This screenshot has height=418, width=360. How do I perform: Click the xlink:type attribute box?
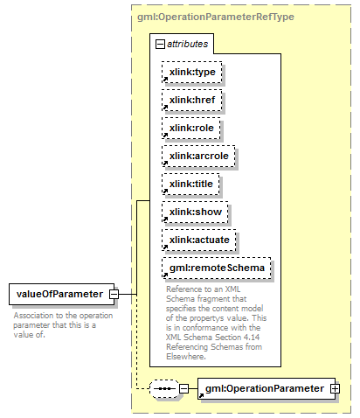click(x=192, y=72)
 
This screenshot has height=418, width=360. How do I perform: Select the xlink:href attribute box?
click(x=192, y=100)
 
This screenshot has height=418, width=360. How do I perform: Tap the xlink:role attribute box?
click(x=191, y=128)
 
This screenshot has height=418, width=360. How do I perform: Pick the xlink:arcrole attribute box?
click(x=198, y=156)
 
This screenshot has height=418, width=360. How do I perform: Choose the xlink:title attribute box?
click(x=190, y=184)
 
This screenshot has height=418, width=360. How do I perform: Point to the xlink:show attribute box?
click(x=195, y=212)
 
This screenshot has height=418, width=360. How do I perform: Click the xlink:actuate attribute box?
click(x=199, y=240)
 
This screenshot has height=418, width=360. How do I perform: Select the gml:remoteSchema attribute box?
click(x=217, y=268)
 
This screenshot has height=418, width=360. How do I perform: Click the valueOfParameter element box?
click(x=62, y=294)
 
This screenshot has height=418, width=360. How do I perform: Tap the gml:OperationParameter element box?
click(x=267, y=388)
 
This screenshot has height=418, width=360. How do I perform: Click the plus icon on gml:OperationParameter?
click(x=335, y=388)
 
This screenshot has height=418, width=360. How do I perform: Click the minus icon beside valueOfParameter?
click(x=114, y=294)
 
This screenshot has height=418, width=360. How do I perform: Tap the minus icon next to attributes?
click(x=160, y=45)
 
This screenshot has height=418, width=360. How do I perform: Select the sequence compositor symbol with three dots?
click(x=164, y=388)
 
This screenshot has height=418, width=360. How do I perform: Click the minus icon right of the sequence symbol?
click(x=183, y=388)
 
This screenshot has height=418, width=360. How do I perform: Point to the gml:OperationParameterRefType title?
click(x=216, y=17)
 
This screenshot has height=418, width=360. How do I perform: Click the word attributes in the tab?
click(x=188, y=44)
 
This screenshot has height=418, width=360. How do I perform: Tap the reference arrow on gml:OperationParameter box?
click(x=201, y=395)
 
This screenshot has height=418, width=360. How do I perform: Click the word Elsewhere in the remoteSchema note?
click(x=185, y=356)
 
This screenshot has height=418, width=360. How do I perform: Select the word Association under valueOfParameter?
click(x=32, y=316)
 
